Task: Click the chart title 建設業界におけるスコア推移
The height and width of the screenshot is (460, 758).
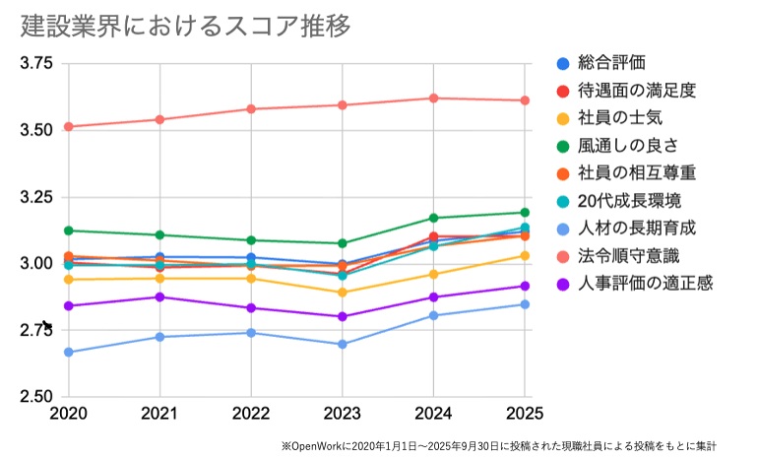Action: pos(186,26)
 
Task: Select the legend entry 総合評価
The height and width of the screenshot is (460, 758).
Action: pos(611,63)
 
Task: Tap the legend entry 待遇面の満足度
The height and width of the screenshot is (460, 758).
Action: pos(637,91)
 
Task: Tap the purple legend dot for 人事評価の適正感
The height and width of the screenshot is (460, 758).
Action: pos(563,284)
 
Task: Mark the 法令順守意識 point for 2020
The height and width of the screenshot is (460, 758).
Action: pos(68,126)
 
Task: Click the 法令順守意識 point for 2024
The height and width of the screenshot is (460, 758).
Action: pos(433,98)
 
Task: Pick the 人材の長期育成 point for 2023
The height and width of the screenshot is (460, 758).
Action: pos(343,344)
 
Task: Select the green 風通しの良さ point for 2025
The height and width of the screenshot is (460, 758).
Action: pos(525,212)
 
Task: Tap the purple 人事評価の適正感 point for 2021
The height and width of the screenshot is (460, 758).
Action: pos(159,296)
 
